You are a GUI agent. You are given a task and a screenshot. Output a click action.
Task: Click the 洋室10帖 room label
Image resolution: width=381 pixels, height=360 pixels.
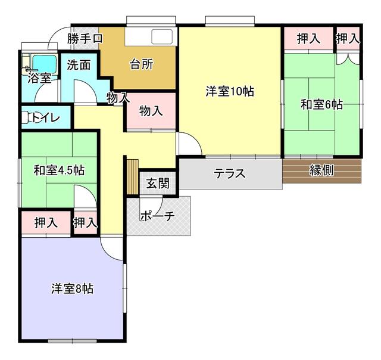pyautogui.click(x=230, y=91)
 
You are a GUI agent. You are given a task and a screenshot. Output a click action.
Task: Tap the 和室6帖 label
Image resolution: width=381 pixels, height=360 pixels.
pyautogui.click(x=321, y=104)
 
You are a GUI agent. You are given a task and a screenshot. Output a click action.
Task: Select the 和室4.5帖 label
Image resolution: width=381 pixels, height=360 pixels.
pyautogui.click(x=59, y=170)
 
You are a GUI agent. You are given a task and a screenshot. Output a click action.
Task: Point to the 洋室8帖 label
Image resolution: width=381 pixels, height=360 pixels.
pyautogui.click(x=73, y=288)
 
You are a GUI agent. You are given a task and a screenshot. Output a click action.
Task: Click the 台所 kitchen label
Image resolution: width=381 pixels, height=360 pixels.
pyautogui.click(x=142, y=64)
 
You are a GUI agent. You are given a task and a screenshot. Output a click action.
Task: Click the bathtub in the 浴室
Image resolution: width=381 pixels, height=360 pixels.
pyautogui.click(x=45, y=64)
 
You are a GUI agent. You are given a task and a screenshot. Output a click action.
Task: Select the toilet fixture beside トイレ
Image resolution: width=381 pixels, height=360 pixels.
pyautogui.click(x=28, y=117)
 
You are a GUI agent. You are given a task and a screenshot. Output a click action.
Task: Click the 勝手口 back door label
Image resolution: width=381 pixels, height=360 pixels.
pyautogui.click(x=85, y=38)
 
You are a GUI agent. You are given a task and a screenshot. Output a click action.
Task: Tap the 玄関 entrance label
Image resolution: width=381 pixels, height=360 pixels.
pyautogui.click(x=158, y=183)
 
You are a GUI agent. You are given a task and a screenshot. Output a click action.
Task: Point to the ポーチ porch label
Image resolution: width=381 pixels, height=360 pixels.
pyautogui.click(x=157, y=216)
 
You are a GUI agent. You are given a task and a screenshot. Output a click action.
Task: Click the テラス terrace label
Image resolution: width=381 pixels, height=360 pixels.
pyautogui.click(x=230, y=173)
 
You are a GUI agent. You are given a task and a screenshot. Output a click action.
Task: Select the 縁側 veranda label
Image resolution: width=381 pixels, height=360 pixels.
pyautogui.click(x=321, y=170)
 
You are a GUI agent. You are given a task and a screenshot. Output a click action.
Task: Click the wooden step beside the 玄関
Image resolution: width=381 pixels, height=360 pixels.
pyautogui.click(x=132, y=176)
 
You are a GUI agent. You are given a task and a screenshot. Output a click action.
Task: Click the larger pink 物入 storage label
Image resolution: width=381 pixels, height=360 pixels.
pyautogui.click(x=151, y=111)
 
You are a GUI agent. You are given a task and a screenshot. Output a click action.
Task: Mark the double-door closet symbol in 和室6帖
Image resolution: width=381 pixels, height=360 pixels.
pyautogui.click(x=348, y=59)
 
